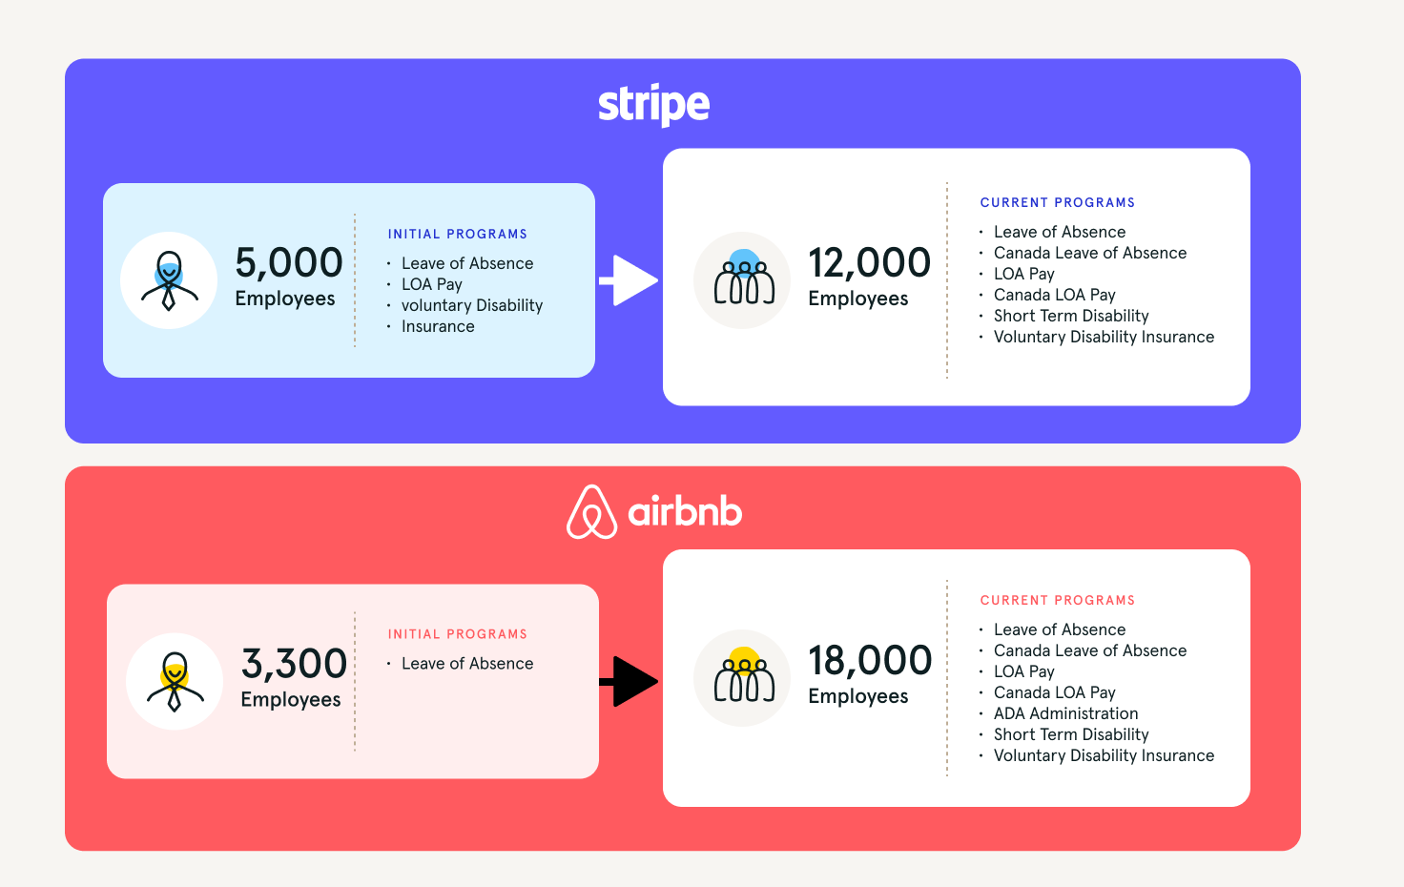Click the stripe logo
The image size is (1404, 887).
click(653, 105)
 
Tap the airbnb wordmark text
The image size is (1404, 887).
click(685, 511)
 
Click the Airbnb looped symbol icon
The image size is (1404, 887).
click(591, 511)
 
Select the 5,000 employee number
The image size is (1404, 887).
click(289, 262)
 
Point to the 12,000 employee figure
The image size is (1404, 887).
click(869, 262)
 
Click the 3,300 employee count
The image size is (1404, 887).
click(294, 663)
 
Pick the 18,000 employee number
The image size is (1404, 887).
click(870, 660)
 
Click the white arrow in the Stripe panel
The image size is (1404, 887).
click(629, 280)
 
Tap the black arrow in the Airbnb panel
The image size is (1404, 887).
click(629, 681)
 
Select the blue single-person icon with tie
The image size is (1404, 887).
click(169, 280)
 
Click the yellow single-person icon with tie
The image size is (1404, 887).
click(175, 681)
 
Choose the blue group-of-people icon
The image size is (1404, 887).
click(743, 280)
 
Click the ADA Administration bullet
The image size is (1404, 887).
click(1065, 713)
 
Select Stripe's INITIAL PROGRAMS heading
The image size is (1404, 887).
click(458, 234)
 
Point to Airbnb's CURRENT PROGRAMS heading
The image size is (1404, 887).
click(1058, 600)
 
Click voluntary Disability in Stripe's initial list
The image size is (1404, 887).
click(472, 305)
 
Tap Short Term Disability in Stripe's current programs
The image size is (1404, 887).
click(1071, 316)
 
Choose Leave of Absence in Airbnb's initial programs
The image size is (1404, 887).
click(467, 663)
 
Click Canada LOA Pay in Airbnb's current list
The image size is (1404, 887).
click(1055, 692)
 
